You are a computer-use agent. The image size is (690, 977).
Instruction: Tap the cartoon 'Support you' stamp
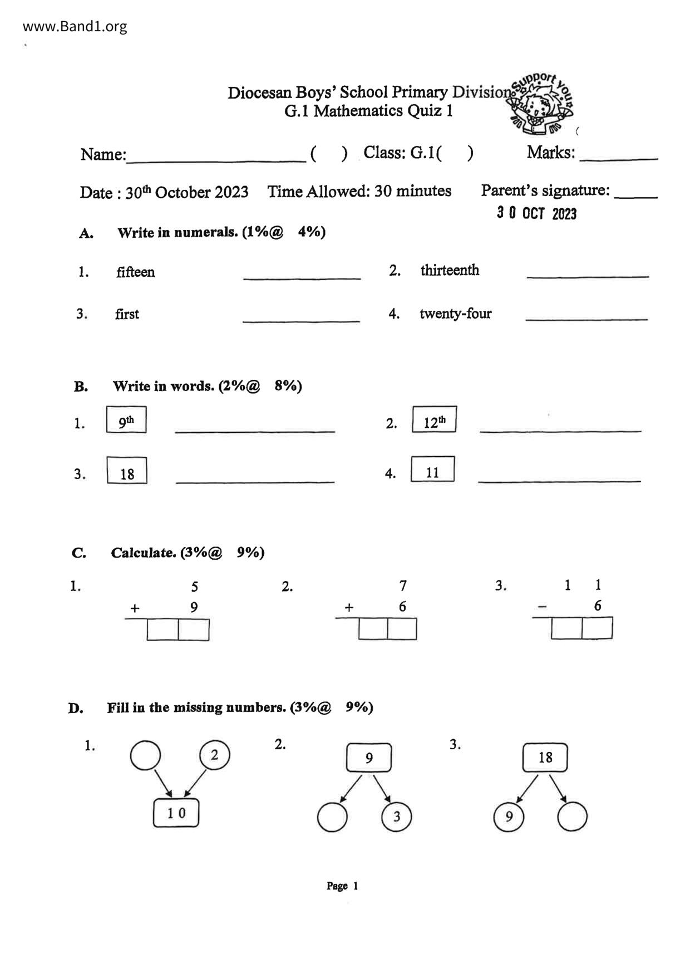541,105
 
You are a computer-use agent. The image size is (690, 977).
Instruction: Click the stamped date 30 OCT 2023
536,213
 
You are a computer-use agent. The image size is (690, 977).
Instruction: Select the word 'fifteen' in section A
135,272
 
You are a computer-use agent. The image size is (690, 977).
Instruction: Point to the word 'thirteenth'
450,270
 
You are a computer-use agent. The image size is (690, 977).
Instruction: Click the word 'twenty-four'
455,314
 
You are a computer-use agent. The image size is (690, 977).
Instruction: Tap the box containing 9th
126,420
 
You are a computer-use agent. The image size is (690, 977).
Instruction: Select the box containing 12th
434,419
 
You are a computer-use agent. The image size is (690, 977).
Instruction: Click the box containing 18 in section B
127,471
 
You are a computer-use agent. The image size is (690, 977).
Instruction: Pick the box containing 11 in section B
432,470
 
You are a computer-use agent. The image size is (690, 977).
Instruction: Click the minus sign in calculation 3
542,607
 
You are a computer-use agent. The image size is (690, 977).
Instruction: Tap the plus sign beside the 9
135,608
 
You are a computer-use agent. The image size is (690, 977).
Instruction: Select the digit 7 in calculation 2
403,585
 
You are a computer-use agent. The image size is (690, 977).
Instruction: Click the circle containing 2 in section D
214,755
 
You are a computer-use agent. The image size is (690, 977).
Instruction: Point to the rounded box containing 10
176,813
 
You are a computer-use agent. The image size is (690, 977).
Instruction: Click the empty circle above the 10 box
145,755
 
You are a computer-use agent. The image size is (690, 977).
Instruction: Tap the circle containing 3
396,817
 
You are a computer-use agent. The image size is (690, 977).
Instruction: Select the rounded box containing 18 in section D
545,758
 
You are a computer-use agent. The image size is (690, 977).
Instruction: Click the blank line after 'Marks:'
618,156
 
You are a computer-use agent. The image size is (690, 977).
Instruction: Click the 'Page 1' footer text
342,886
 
